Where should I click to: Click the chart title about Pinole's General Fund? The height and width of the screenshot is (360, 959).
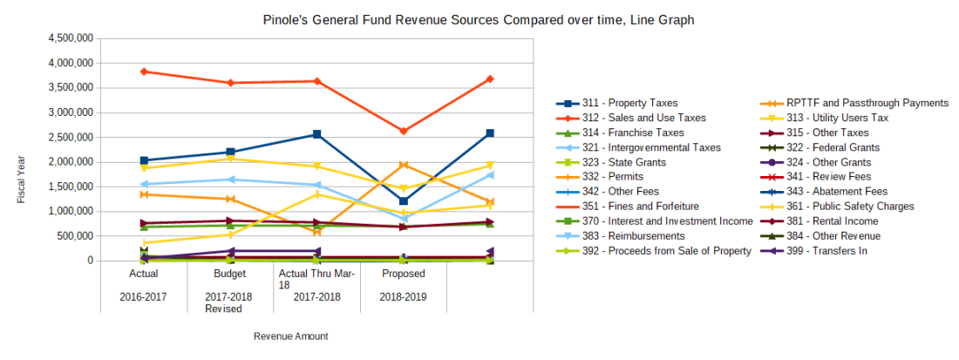click(x=479, y=19)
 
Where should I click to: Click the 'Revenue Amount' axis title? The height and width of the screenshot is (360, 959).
click(x=290, y=336)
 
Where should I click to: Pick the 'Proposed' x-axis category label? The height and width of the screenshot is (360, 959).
click(x=403, y=273)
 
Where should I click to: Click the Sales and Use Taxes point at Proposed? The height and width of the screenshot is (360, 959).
click(x=404, y=131)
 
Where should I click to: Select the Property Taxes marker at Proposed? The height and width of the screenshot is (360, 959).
click(x=404, y=201)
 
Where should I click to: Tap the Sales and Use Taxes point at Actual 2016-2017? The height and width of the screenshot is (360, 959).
click(x=144, y=71)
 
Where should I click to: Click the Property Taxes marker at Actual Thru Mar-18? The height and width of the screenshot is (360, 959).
click(x=317, y=134)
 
